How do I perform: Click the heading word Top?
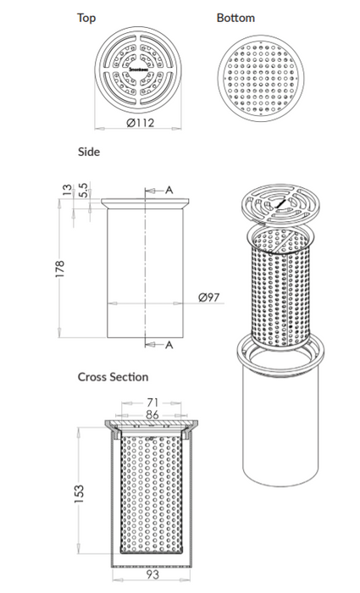86,17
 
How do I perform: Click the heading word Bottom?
235,17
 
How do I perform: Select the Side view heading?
89,152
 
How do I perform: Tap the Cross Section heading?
113,376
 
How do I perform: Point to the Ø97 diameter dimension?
209,297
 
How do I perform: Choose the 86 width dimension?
153,414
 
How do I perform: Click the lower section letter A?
169,344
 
